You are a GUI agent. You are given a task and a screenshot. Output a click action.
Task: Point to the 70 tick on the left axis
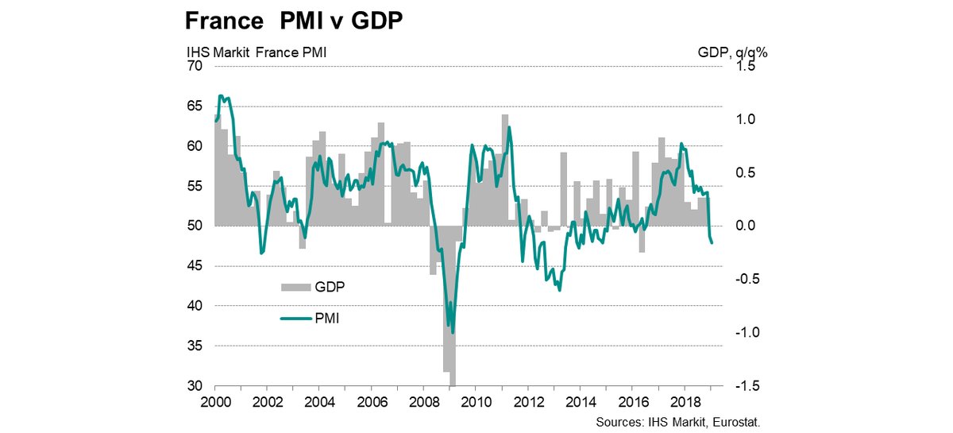[195, 66]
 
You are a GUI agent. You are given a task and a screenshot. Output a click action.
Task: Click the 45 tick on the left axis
[195, 266]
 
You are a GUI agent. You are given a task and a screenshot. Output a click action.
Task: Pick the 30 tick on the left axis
[195, 386]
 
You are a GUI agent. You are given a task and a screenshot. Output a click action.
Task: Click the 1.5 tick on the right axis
[743, 66]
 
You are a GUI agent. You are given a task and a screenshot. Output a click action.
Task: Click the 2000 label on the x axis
[214, 401]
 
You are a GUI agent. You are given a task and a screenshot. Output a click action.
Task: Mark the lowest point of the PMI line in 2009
[453, 334]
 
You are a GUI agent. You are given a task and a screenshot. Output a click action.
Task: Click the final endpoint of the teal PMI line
[712, 243]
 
